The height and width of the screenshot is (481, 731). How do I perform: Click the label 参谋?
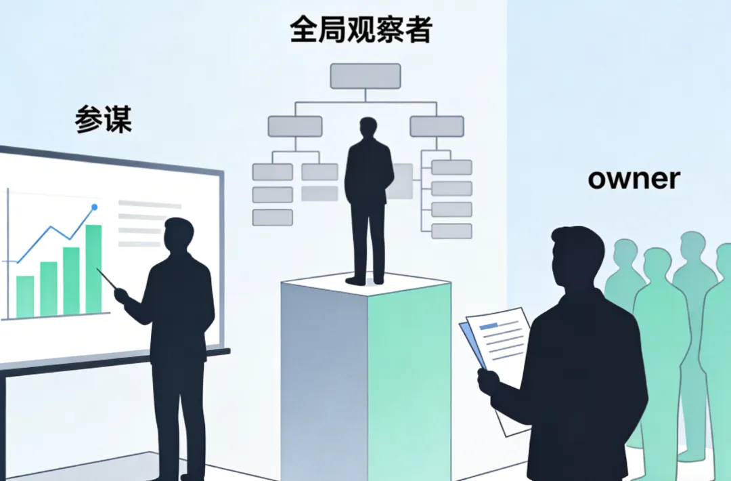coord(103,119)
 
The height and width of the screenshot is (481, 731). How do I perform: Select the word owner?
coord(634,179)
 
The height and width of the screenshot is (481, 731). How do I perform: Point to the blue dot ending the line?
coord(94,207)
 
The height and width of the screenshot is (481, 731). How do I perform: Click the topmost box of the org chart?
coord(365,76)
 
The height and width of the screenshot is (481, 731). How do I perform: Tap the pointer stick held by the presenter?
coord(107,278)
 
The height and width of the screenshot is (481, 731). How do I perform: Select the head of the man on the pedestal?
coord(369,129)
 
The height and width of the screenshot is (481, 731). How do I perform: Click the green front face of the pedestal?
coord(409,379)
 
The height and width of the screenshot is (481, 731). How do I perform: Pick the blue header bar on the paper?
coord(488,327)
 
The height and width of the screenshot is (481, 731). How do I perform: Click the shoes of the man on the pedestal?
coord(365,279)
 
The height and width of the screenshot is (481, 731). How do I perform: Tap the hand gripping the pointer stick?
coord(122,295)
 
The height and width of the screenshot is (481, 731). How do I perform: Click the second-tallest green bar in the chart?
coord(70,281)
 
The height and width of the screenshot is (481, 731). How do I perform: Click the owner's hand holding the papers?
coord(489,382)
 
